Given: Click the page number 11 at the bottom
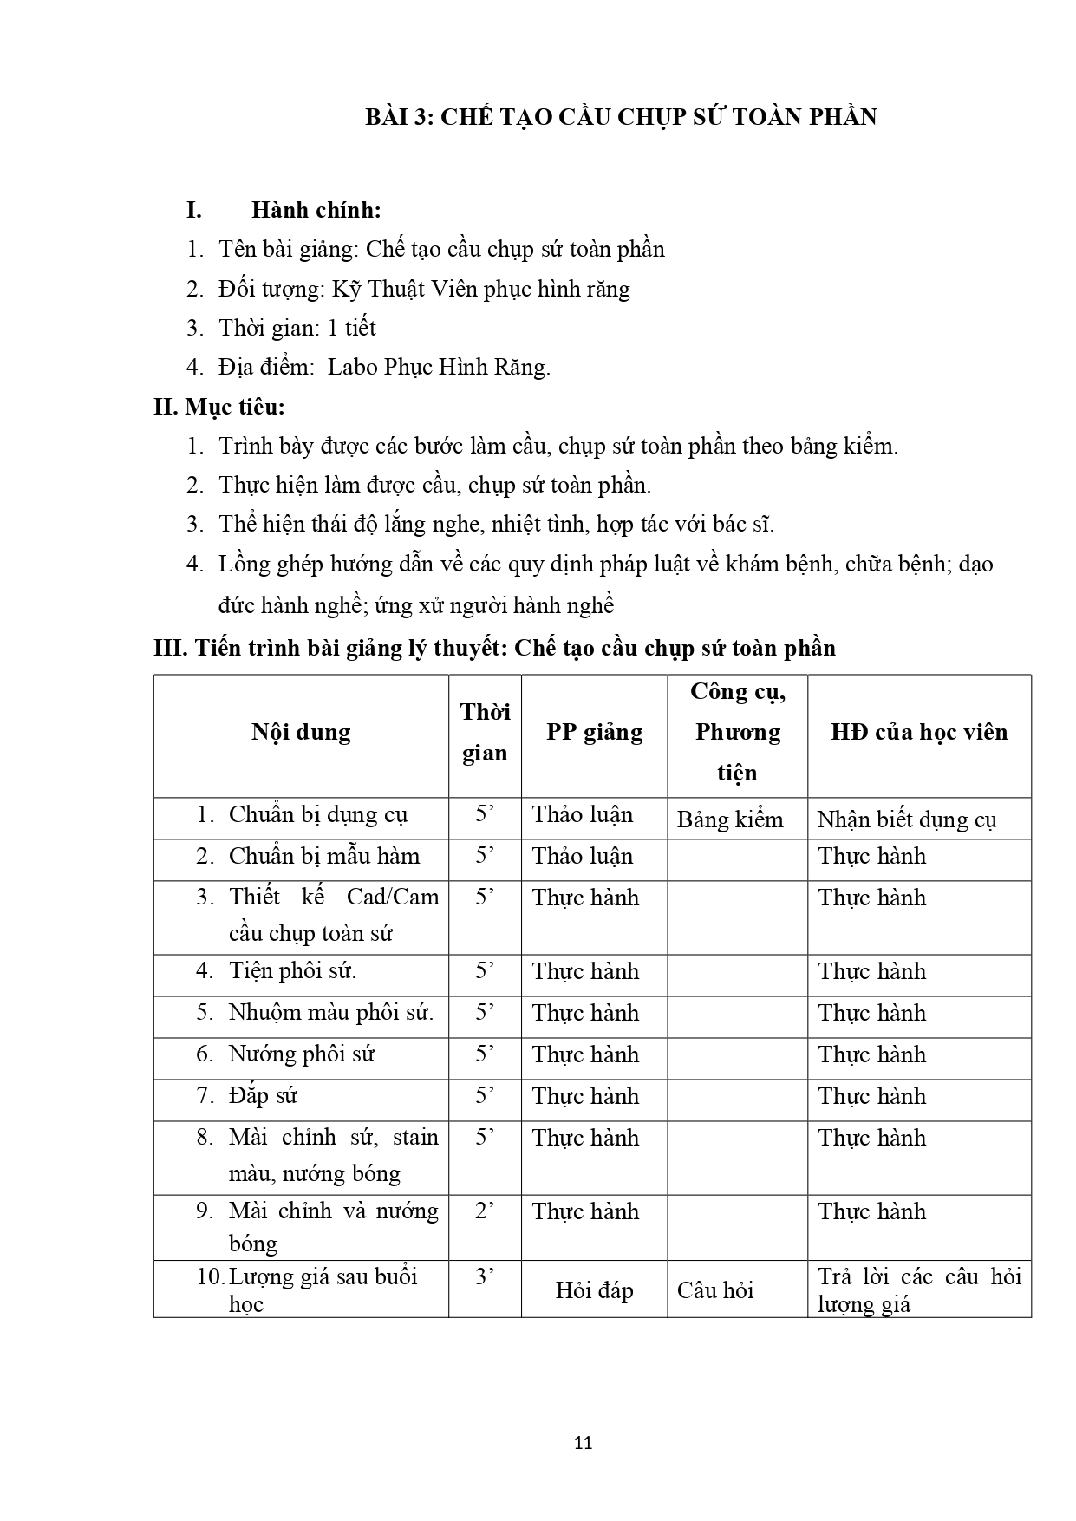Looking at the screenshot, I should click(583, 1443).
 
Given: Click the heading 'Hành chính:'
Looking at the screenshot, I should click(316, 210).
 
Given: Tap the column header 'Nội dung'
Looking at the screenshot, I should click(301, 732).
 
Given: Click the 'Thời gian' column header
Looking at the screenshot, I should click(485, 732).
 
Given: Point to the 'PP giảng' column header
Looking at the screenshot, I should click(594, 732).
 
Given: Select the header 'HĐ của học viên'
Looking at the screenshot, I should click(919, 732).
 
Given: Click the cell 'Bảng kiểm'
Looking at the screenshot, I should click(730, 819).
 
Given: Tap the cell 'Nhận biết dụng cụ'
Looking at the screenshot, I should click(907, 819).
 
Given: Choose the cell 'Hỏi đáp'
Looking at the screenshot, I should click(594, 1290).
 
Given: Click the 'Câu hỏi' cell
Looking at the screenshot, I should click(715, 1290).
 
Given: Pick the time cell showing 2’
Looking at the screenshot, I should click(485, 1211).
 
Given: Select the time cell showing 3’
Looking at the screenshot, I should click(485, 1276).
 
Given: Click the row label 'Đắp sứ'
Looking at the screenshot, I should click(263, 1096).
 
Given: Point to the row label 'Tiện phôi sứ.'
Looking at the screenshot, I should click(292, 971).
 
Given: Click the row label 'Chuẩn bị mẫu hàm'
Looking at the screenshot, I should click(323, 857).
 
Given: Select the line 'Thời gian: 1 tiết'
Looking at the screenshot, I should click(297, 328).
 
